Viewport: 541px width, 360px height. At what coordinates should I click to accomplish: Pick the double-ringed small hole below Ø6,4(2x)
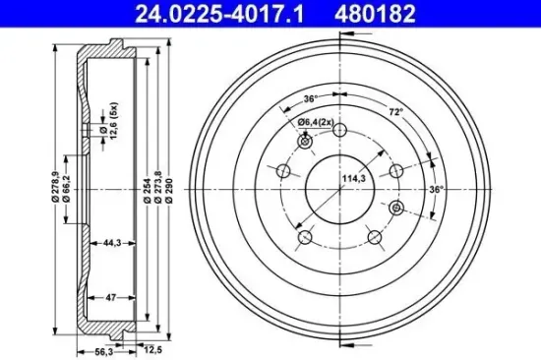(304, 143)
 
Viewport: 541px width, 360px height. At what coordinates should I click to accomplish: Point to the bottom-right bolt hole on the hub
(375, 236)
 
